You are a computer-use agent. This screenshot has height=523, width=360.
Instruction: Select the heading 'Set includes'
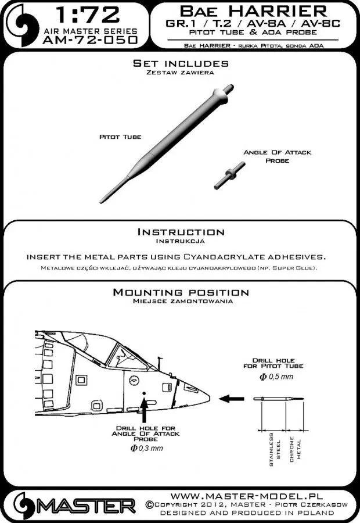180,63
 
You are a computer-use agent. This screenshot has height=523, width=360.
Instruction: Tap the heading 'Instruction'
180,231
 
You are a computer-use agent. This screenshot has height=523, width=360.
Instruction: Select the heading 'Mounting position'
180,292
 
